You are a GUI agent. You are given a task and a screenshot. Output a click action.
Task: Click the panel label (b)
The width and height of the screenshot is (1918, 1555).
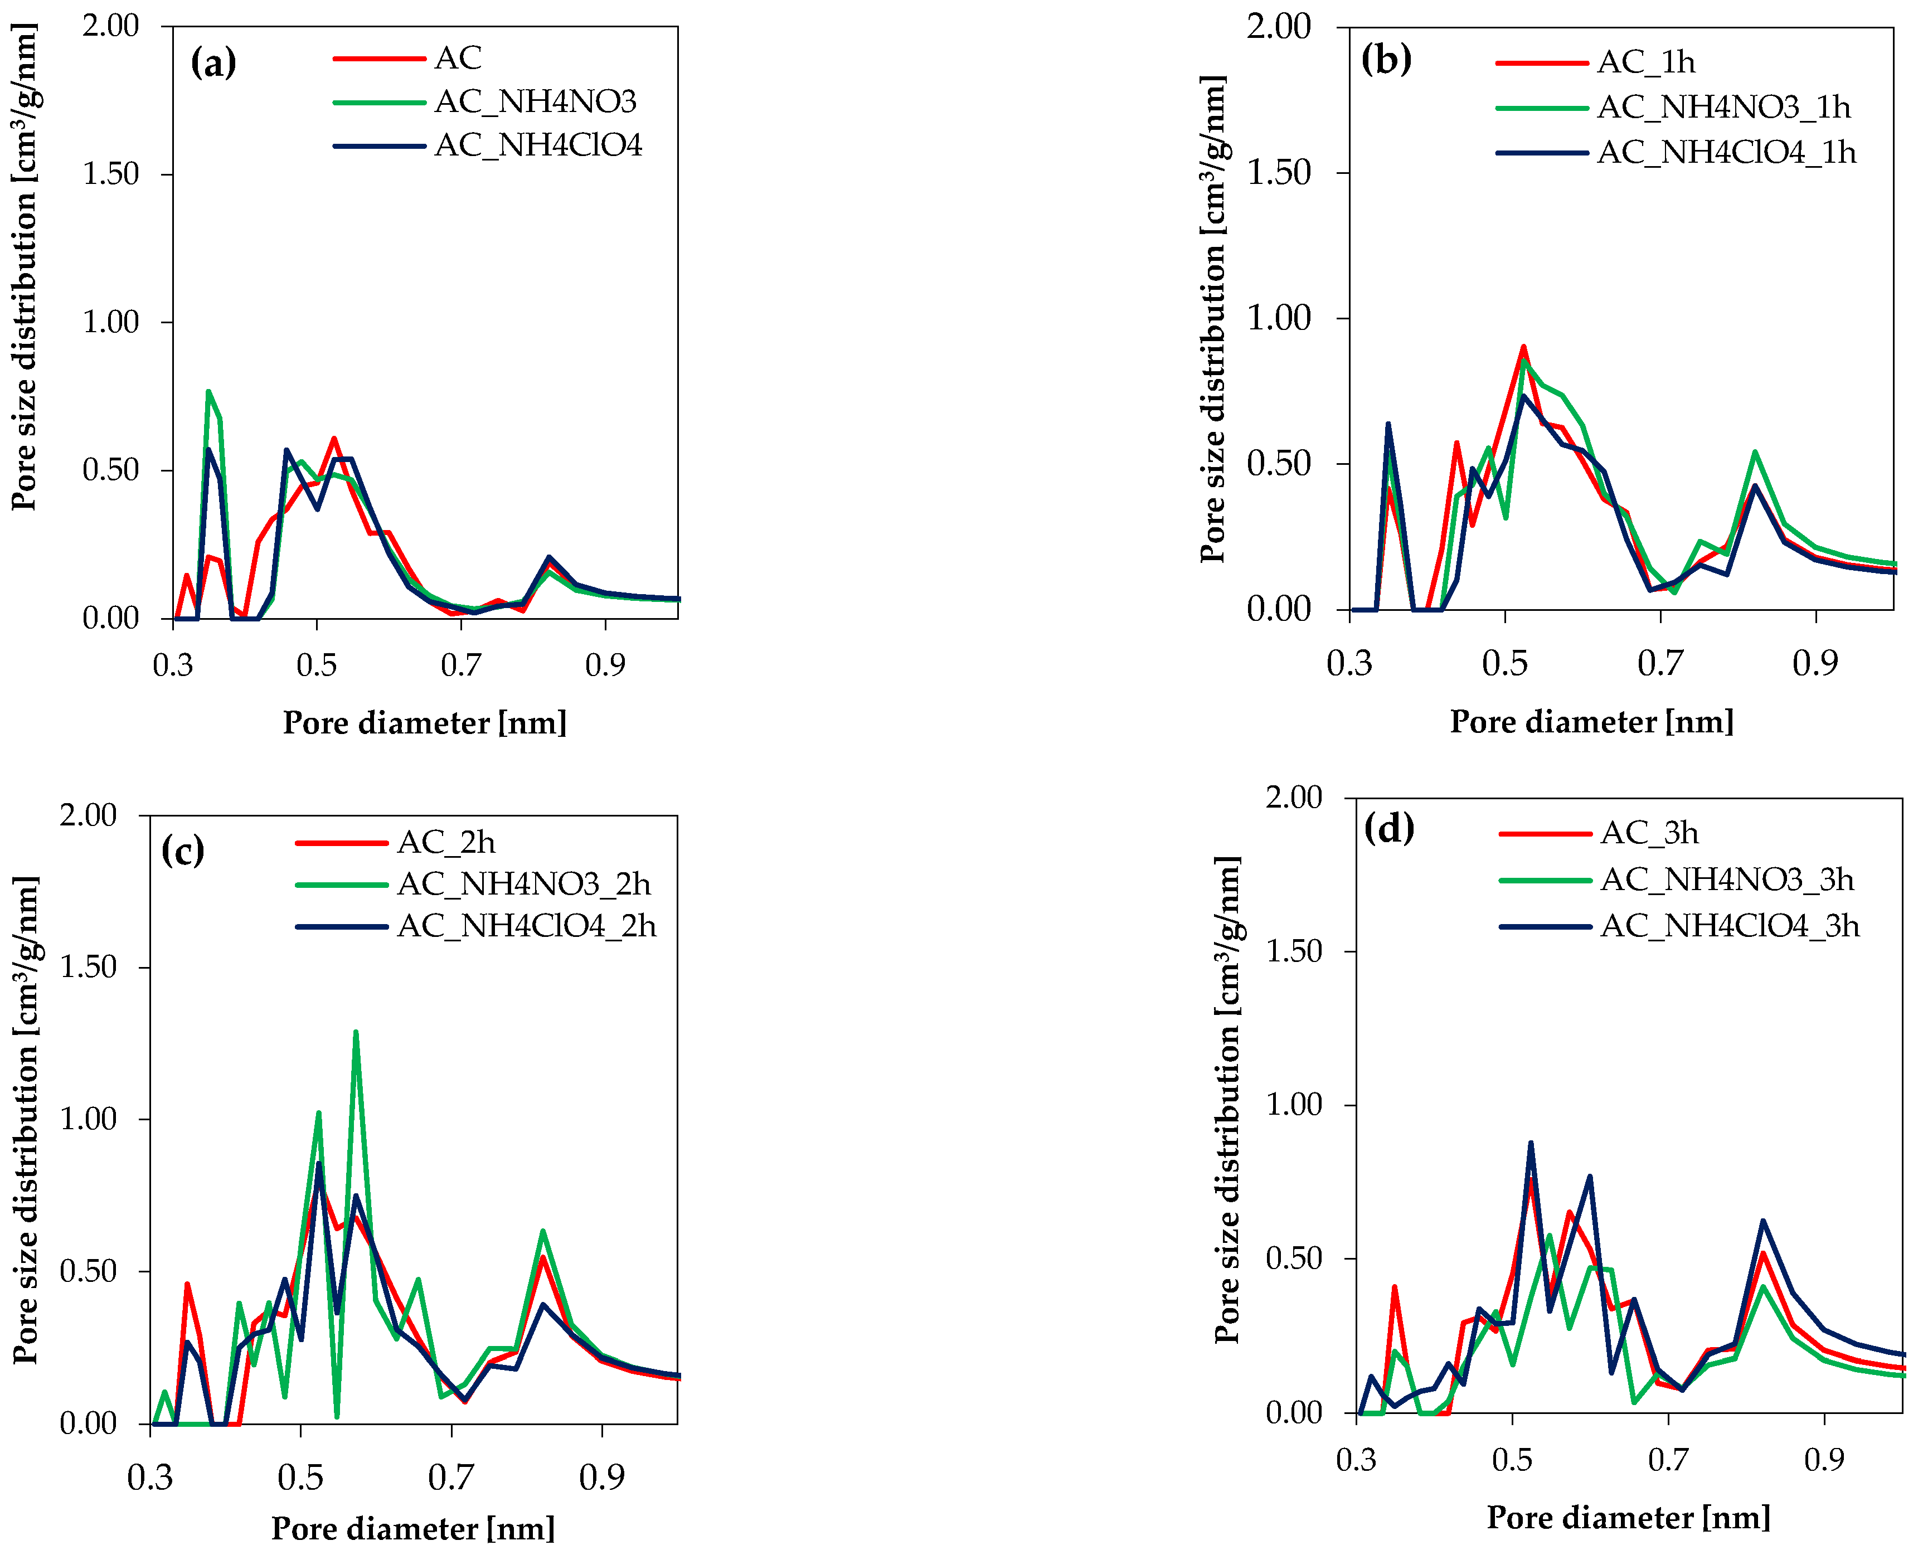(1385, 59)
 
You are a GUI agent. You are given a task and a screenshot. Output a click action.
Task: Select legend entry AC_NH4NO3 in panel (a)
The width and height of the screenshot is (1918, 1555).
(535, 102)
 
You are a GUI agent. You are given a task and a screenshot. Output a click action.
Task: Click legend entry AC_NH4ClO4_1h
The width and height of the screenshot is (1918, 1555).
(1725, 153)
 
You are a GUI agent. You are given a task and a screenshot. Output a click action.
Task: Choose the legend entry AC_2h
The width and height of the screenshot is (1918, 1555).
(445, 842)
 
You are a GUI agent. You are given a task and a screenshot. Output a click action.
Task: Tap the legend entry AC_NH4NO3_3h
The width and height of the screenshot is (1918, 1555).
(1726, 879)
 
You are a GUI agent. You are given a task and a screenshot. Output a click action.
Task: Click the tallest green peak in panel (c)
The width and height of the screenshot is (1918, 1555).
(356, 1033)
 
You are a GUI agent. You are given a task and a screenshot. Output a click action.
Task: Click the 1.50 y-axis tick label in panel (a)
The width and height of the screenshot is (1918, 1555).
(110, 174)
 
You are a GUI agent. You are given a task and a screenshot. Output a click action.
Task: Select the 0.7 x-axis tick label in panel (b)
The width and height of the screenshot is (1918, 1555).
(1660, 663)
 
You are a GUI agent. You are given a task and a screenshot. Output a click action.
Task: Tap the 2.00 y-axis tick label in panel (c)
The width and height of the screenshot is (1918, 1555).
(88, 815)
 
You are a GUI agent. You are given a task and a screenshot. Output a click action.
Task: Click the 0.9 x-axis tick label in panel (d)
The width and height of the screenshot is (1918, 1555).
(1824, 1460)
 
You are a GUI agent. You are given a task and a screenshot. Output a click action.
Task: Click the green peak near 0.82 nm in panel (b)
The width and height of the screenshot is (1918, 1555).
(1755, 453)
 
